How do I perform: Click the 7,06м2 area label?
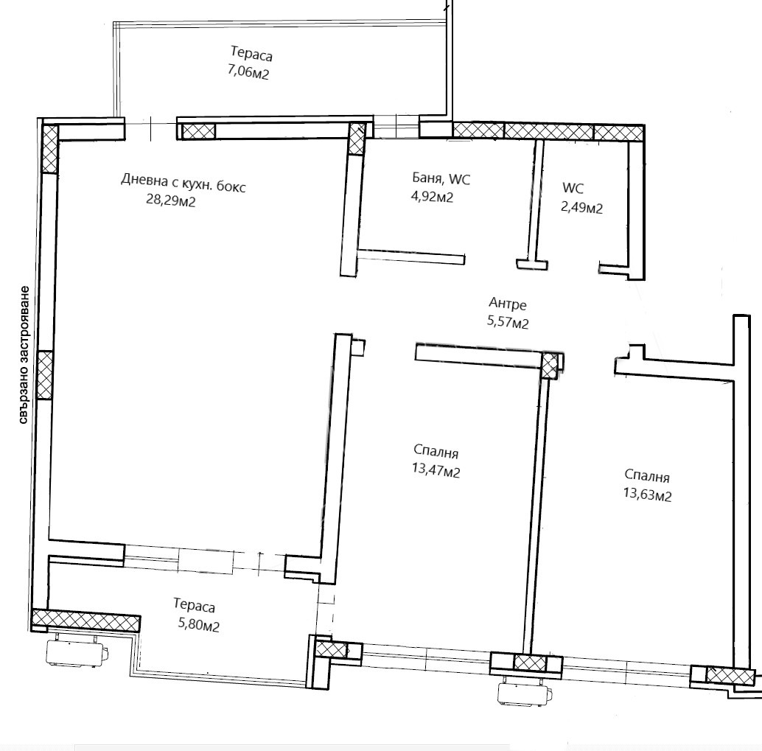coord(248,72)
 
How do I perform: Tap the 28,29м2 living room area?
coord(170,200)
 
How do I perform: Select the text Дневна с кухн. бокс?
coord(183,182)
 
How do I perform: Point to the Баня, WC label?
coord(441,178)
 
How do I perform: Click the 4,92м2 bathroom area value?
coord(432,196)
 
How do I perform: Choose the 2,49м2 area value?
coord(581,208)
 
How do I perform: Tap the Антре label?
coord(507,304)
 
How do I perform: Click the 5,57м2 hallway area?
coord(507,322)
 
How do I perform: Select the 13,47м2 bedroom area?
coord(436,471)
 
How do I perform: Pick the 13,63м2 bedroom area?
coord(647,495)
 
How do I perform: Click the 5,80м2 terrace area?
coord(199,624)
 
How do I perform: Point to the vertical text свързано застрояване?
coord(24,355)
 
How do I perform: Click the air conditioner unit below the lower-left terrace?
coord(77,652)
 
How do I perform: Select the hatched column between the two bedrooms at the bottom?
coord(530,662)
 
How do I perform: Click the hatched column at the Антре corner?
coord(550,366)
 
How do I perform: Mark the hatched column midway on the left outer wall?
coord(44,375)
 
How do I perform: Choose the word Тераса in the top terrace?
coord(251,53)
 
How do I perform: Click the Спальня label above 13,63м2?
coord(647,476)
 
